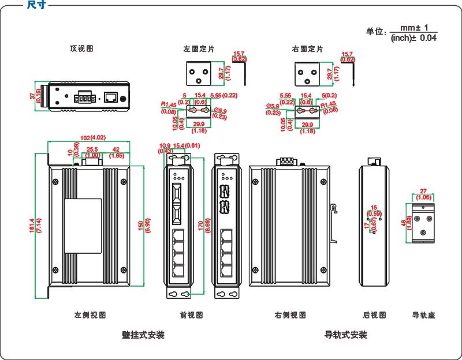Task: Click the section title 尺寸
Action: (36, 5)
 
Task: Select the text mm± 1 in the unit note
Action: (413, 27)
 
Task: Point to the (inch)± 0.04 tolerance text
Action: (413, 37)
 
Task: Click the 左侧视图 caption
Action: (90, 315)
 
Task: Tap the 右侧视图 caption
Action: (290, 315)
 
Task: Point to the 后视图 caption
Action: (374, 315)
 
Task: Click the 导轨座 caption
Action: (423, 315)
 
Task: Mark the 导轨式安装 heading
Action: (345, 335)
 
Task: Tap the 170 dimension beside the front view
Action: (200, 224)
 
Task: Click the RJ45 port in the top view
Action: (110, 97)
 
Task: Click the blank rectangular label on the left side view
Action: (82, 226)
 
